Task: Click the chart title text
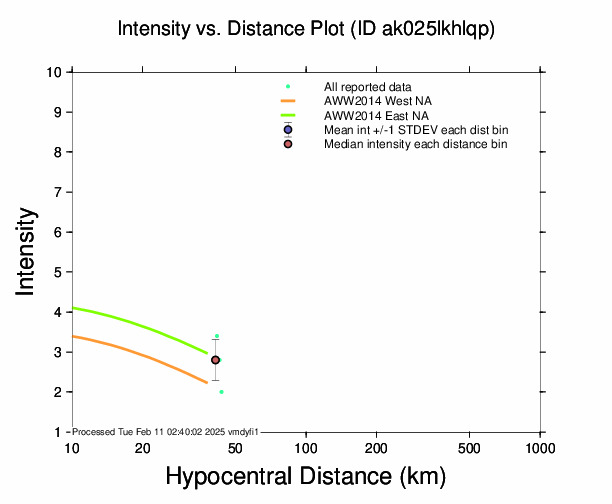click(306, 29)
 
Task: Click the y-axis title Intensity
click(28, 251)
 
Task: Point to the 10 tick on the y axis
click(56, 72)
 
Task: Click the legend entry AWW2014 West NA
click(370, 102)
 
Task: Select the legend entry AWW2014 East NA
click(369, 116)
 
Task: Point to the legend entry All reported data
click(368, 87)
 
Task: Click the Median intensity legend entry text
click(415, 145)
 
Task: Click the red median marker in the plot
click(215, 360)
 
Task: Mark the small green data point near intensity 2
click(221, 392)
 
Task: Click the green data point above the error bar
click(217, 336)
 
